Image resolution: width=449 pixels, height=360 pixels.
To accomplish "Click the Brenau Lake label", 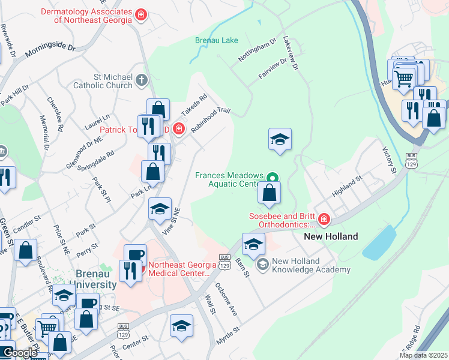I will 217,41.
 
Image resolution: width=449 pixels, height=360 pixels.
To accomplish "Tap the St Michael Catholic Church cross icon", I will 141,79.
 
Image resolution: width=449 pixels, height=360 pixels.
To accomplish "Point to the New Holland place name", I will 331,236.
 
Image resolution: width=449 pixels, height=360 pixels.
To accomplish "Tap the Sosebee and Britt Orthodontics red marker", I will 324,220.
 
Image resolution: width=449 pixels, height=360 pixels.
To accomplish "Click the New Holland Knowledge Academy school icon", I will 262,264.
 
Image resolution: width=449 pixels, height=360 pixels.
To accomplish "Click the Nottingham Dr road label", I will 257,50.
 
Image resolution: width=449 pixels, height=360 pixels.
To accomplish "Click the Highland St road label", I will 348,187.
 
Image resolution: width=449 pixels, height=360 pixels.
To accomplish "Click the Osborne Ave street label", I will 226,299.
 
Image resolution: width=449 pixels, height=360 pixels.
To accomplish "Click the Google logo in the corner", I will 19,353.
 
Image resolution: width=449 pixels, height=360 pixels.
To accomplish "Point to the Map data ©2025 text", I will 423,355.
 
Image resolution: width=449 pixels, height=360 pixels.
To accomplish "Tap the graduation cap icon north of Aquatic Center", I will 280,139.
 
